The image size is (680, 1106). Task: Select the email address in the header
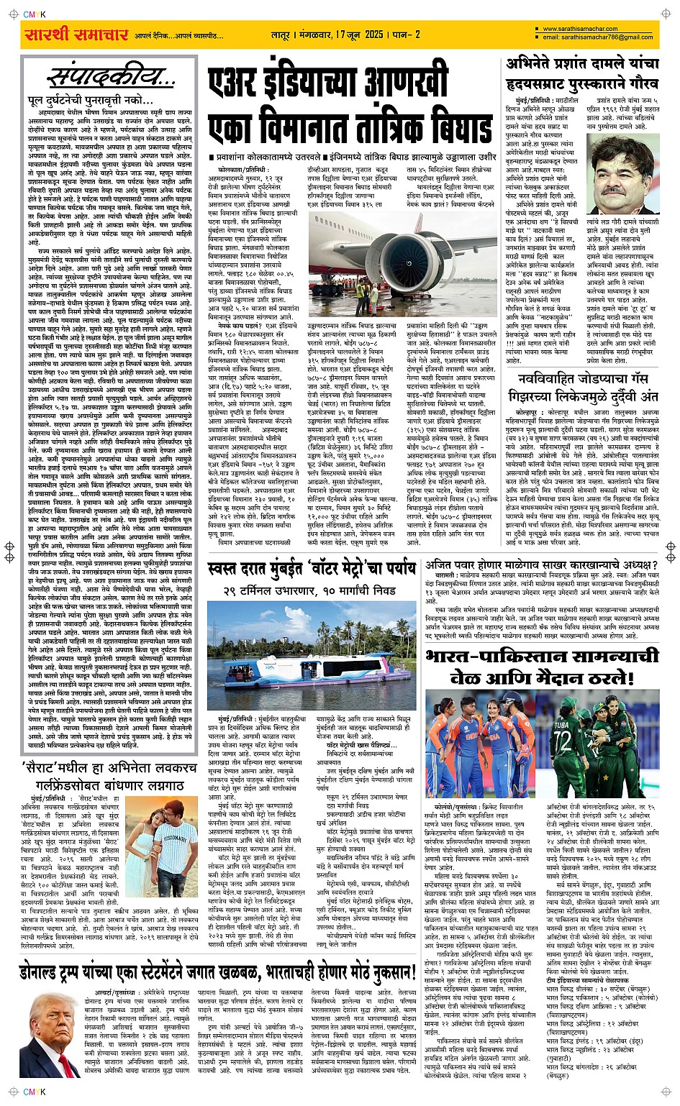[x=597, y=37]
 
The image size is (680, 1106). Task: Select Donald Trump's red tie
[x=44, y=1051]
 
